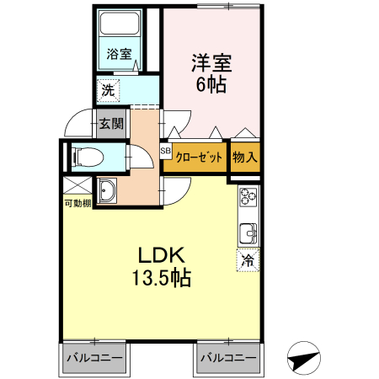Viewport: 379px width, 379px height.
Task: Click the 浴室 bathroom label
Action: coord(119,55)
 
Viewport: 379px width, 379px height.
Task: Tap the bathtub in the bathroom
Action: coord(119,28)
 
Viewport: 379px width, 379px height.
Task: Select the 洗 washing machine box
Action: coord(108,88)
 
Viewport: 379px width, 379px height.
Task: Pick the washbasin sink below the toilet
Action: coord(107,191)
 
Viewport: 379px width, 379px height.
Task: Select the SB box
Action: coord(165,152)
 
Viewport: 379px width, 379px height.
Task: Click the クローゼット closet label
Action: coord(199,157)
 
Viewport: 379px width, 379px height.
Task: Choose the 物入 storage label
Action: coord(244,157)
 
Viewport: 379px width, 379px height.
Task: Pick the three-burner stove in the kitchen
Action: coord(248,200)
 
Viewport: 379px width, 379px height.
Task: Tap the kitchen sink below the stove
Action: coord(248,232)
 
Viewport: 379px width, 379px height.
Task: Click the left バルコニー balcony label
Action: coord(93,358)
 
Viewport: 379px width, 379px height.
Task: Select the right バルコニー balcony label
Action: coord(228,358)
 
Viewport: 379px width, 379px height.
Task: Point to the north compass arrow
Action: coord(304,360)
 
